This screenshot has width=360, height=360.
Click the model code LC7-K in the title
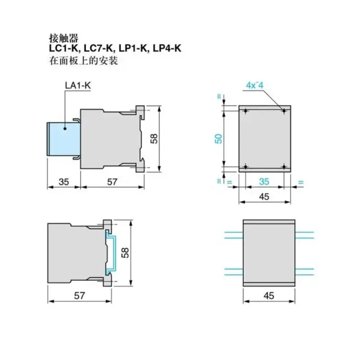97,49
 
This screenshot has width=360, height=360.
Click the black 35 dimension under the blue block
63,182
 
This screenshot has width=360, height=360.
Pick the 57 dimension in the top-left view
112,182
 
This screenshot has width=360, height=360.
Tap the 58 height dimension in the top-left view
154,139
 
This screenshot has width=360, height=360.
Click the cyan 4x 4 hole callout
255,85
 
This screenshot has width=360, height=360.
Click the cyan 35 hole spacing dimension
264,182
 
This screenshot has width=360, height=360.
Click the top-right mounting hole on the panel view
283,111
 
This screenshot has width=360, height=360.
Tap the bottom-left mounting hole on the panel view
245,166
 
